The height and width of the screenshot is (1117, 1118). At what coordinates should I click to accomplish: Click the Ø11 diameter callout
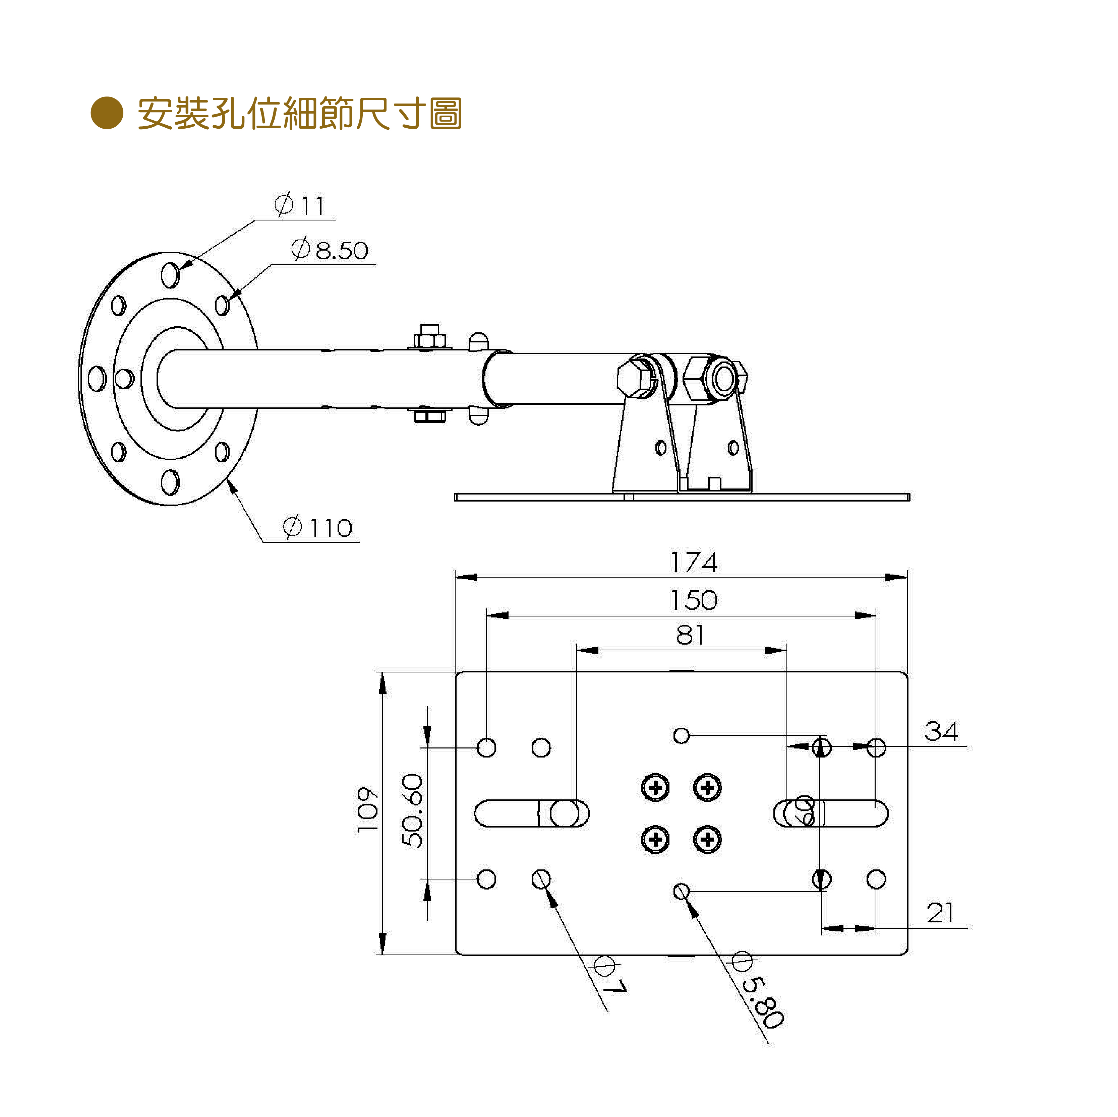(x=300, y=205)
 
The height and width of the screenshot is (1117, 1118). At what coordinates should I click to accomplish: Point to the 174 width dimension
(x=693, y=562)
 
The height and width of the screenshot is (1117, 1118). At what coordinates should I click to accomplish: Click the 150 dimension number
(x=693, y=600)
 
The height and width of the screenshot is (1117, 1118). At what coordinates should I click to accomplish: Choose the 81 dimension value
(x=690, y=635)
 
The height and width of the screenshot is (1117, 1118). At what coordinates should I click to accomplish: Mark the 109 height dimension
(x=368, y=810)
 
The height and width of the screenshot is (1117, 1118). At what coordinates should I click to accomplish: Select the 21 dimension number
(x=940, y=913)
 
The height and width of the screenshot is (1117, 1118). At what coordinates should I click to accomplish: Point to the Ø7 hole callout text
(x=610, y=976)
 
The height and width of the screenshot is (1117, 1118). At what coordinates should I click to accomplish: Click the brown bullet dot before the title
(x=107, y=112)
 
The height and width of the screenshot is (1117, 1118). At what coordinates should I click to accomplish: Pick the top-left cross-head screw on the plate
(x=655, y=787)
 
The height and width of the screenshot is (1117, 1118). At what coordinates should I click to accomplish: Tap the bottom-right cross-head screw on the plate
(x=707, y=839)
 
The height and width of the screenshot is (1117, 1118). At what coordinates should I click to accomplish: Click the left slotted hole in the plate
(x=531, y=813)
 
